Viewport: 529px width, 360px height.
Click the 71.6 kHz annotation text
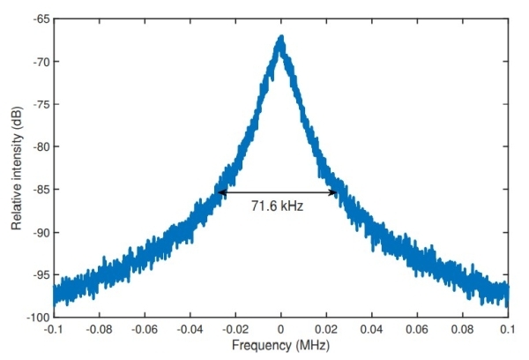pos(278,206)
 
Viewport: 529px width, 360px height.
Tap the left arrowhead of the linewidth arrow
pos(220,192)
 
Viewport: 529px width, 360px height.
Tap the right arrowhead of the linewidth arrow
pos(335,192)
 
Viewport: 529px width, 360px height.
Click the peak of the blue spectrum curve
pos(281,38)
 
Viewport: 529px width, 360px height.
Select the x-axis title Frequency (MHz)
pos(280,347)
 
